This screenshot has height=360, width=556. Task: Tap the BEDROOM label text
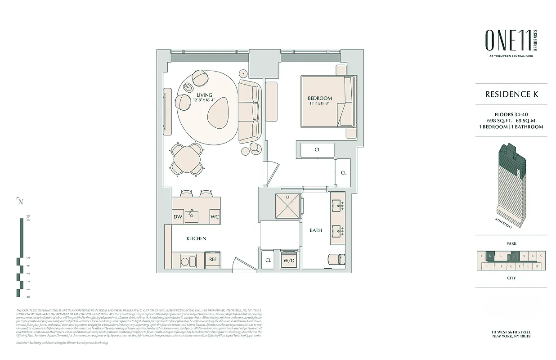click(x=320, y=98)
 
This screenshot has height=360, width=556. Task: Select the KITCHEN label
click(x=196, y=238)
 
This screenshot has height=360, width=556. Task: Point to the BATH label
click(x=316, y=230)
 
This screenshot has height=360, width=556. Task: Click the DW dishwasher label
click(x=178, y=217)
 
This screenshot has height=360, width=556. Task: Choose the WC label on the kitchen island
click(x=215, y=217)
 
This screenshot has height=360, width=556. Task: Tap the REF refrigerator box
click(x=213, y=259)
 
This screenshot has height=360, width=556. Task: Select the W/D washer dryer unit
click(x=288, y=260)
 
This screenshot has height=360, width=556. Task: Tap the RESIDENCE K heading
click(x=511, y=94)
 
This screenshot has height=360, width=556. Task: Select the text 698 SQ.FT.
click(x=498, y=120)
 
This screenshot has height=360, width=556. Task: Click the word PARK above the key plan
click(x=511, y=243)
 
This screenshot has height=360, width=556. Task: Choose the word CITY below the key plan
click(x=511, y=278)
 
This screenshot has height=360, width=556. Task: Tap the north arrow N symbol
click(x=20, y=201)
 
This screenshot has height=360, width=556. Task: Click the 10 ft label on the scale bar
click(x=28, y=219)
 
